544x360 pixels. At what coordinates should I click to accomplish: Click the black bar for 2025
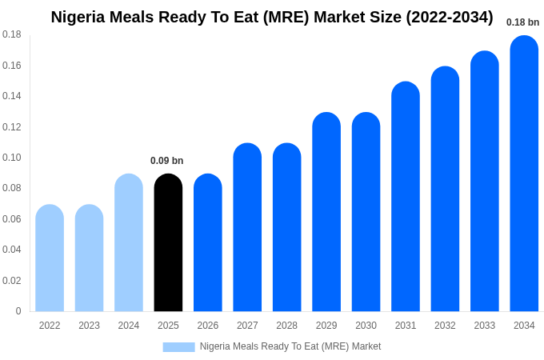[x=168, y=243]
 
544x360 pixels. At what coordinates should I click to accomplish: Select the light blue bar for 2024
[x=129, y=243]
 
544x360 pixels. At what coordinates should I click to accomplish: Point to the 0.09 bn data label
[x=166, y=161]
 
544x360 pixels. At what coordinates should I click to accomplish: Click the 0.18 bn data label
[x=522, y=22]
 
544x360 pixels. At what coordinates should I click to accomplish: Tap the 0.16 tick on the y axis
[x=12, y=66]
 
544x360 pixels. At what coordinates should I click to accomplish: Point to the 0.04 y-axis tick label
[x=12, y=250]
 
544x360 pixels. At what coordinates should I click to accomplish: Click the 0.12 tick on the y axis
[x=12, y=127]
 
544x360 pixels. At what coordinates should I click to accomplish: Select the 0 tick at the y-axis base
[x=18, y=311]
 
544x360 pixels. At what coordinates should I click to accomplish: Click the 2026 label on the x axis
[x=208, y=326]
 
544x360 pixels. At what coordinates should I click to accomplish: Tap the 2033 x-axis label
[x=485, y=326]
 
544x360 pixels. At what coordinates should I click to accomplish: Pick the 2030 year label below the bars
[x=366, y=326]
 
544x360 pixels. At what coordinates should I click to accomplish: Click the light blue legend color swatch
[x=178, y=346]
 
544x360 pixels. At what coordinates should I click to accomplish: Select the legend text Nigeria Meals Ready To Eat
[x=290, y=346]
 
